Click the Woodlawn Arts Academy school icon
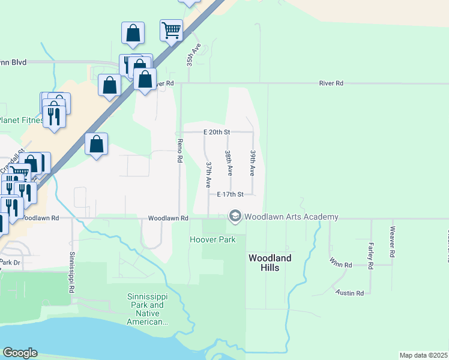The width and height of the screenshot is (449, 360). [235, 217]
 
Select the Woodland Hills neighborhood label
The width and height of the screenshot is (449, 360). [270, 262]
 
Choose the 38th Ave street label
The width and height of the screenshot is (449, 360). [229, 163]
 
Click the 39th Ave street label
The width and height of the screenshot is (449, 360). [253, 163]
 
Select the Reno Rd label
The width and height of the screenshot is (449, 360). [179, 151]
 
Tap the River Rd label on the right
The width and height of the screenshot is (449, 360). [331, 83]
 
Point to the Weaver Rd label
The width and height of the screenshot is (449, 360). [393, 238]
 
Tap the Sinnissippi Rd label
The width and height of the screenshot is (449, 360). [72, 272]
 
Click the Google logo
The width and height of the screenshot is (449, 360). [20, 353]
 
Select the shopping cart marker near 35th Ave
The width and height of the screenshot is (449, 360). [172, 30]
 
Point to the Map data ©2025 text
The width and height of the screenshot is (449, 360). [423, 355]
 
